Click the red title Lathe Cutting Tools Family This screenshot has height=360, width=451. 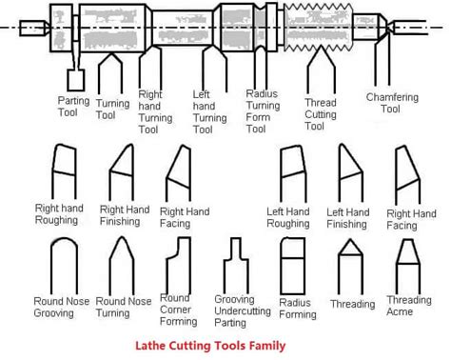point(210,346)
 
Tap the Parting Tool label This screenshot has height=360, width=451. point(73,107)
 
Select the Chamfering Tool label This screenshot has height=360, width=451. point(392,103)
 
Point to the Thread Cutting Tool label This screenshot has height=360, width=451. point(321,114)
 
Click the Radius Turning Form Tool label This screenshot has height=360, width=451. point(263,111)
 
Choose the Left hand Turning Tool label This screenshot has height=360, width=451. point(209,112)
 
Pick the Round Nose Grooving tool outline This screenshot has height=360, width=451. point(65,266)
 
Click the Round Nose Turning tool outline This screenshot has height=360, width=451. point(122,266)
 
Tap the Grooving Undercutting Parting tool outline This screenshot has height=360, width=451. point(236,266)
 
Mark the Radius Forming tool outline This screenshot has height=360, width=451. point(293,266)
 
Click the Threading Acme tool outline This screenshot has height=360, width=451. point(408,267)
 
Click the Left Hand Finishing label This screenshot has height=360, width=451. point(348,218)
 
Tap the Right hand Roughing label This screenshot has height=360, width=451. point(59,214)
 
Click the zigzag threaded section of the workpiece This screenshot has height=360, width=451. point(319,28)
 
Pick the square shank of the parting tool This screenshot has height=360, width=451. point(76,80)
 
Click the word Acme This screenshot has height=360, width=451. point(400,311)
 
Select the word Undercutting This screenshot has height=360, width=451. point(243,310)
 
